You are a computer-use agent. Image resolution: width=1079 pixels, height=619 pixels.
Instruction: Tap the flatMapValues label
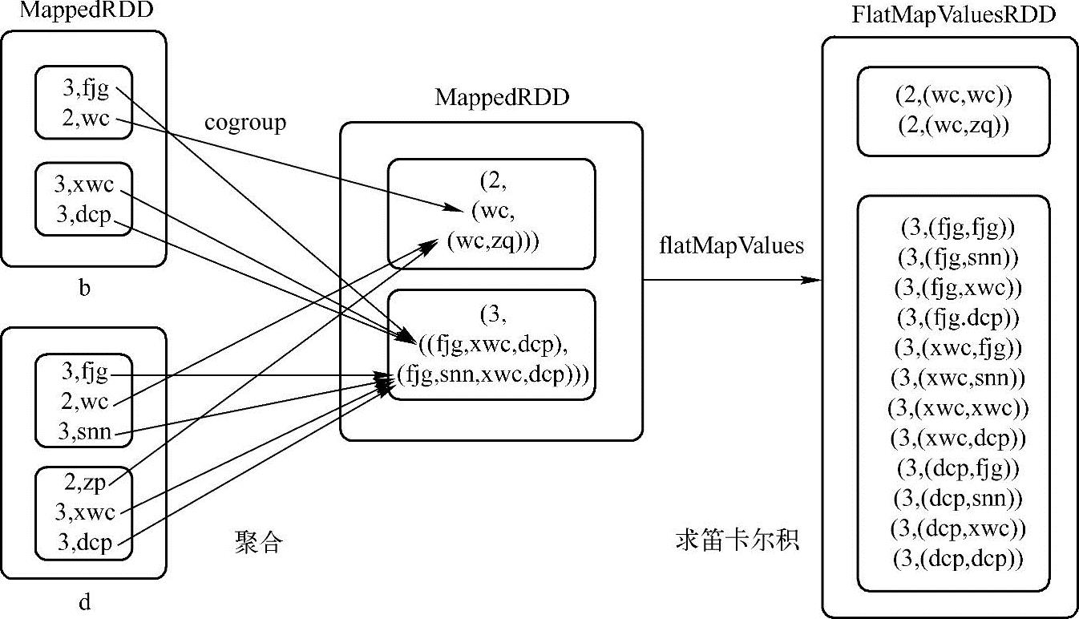pyautogui.click(x=729, y=246)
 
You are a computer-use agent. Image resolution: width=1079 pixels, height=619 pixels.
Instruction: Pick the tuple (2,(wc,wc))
pyautogui.click(x=954, y=95)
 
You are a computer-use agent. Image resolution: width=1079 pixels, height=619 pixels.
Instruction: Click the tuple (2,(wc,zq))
pyautogui.click(x=954, y=125)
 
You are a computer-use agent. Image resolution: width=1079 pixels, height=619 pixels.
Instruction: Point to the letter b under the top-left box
pyautogui.click(x=84, y=289)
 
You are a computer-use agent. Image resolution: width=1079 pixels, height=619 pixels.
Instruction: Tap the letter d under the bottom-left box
pyautogui.click(x=84, y=601)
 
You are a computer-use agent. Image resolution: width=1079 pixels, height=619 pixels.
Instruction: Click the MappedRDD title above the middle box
pyautogui.click(x=502, y=99)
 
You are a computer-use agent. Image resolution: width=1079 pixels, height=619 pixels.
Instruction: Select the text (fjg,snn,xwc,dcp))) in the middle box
pyautogui.click(x=492, y=374)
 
